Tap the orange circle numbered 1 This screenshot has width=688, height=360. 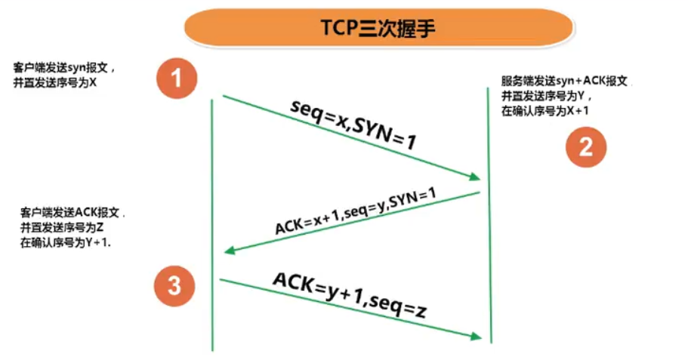point(176,78)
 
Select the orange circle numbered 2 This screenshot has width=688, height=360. point(586,146)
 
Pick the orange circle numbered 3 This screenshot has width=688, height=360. point(174,286)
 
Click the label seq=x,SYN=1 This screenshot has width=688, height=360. point(353,124)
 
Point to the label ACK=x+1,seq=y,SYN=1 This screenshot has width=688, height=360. point(356,211)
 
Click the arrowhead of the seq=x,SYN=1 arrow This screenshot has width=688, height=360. point(474,177)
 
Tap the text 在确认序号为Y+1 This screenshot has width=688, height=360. point(66,243)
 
